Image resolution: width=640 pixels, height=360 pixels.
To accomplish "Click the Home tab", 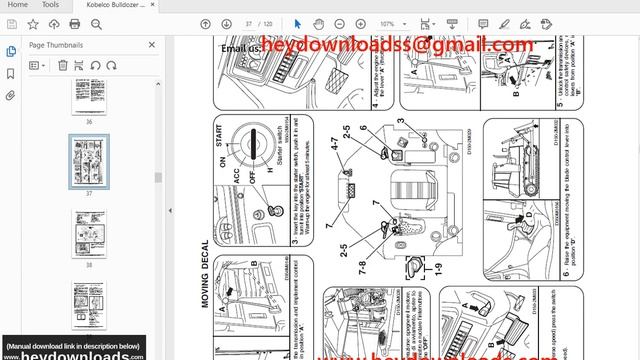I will (18, 5).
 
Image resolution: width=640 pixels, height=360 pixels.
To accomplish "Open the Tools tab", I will (50, 5).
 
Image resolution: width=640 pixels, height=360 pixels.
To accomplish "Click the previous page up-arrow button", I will (206, 24).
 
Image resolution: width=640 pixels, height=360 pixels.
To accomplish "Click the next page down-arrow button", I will (225, 24).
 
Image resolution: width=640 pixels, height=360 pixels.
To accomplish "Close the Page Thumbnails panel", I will (152, 45).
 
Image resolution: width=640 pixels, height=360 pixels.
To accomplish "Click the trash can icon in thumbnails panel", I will (63, 65).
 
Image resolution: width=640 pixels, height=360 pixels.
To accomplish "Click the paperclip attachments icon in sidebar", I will (10, 96).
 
